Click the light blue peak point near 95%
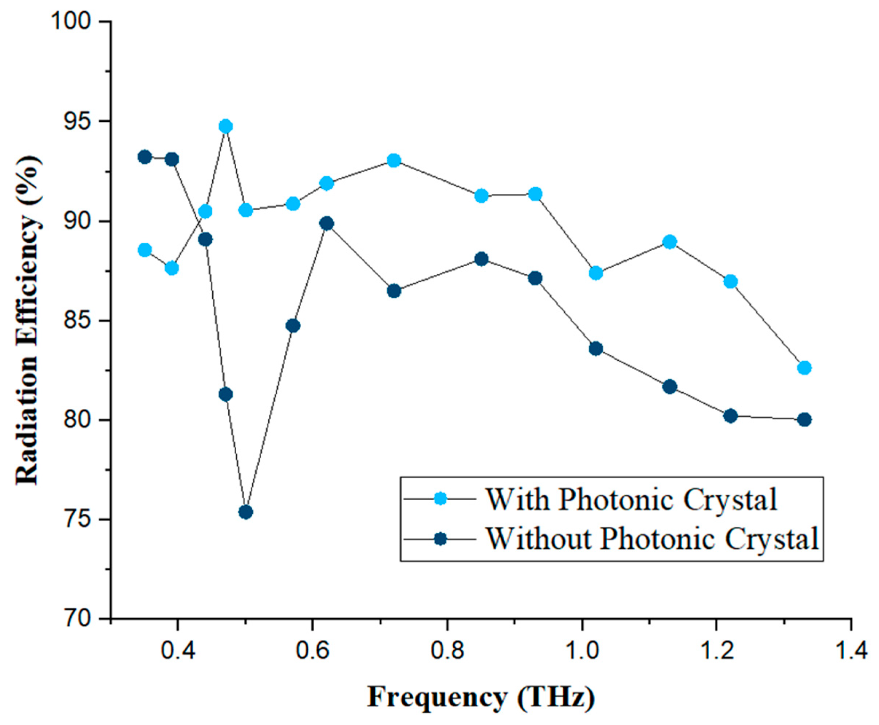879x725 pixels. tap(225, 126)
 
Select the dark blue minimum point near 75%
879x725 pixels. tap(246, 512)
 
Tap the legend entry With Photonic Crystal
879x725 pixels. tap(631, 499)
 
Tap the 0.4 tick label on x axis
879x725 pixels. tap(178, 651)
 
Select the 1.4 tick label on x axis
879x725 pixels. tap(851, 651)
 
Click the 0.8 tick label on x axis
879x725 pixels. tap(447, 651)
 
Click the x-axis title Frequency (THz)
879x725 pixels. tap(480, 697)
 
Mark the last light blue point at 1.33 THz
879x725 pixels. tap(804, 368)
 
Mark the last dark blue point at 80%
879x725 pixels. tap(804, 420)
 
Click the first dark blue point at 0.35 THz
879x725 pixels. tap(145, 157)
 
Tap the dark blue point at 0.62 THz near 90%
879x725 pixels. tap(327, 223)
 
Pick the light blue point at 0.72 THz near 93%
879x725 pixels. tap(394, 160)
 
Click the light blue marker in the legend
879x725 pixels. tap(440, 499)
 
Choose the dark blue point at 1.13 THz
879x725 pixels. tap(670, 387)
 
